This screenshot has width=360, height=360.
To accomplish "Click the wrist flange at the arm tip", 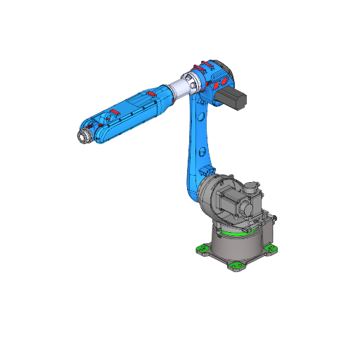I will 83,136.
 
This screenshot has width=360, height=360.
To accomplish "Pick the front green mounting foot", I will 236,266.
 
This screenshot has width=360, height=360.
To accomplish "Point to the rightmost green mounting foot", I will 271,248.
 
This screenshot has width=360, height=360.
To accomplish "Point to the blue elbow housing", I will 211,79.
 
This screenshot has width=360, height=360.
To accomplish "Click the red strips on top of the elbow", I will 205,67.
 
